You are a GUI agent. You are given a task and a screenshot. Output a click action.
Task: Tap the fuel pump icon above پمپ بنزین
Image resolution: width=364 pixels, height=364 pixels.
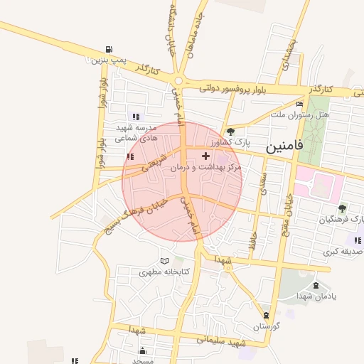click(x=108, y=48)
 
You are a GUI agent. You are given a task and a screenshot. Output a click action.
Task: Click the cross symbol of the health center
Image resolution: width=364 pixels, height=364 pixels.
click(x=205, y=155)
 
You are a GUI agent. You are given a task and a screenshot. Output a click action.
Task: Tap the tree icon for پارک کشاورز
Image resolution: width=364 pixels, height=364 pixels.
click(x=230, y=132)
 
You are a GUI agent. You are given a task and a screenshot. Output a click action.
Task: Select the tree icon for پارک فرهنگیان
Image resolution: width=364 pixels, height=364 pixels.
click(x=342, y=208)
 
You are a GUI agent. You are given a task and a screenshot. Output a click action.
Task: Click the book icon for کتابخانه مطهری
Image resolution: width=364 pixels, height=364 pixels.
click(x=166, y=262)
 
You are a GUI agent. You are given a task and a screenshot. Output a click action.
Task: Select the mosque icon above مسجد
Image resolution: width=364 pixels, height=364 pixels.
click(x=142, y=350)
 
